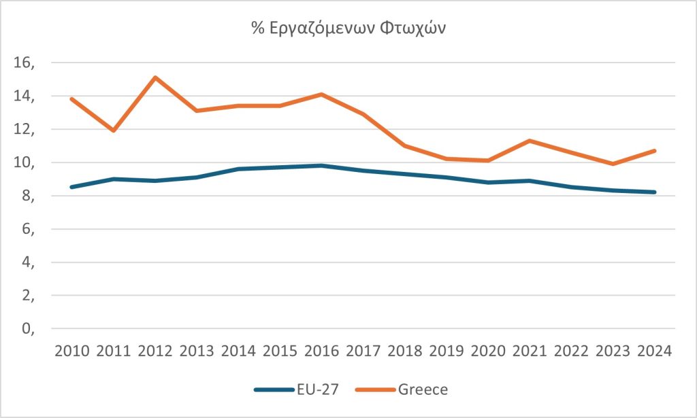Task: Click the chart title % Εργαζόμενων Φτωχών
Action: pyautogui.click(x=348, y=31)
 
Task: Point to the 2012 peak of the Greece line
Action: pyautogui.click(x=155, y=77)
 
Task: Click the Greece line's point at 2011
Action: pyautogui.click(x=113, y=130)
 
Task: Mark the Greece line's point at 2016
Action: pyautogui.click(x=321, y=94)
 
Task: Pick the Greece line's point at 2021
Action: pyautogui.click(x=530, y=141)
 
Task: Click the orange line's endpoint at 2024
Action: pyautogui.click(x=654, y=151)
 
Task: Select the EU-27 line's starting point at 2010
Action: pyautogui.click(x=71, y=187)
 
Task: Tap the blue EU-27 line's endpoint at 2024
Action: pyautogui.click(x=654, y=192)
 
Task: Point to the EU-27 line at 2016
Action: pyautogui.click(x=321, y=166)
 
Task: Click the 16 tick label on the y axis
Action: pyautogui.click(x=22, y=63)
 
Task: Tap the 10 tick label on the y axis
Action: pyautogui.click(x=22, y=163)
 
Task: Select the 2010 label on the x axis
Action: pyautogui.click(x=71, y=351)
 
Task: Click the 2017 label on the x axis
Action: pyautogui.click(x=363, y=351)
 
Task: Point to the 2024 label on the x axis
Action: pyautogui.click(x=654, y=351)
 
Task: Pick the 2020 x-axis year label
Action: pyautogui.click(x=488, y=351)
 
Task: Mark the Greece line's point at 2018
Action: pyautogui.click(x=404, y=145)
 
